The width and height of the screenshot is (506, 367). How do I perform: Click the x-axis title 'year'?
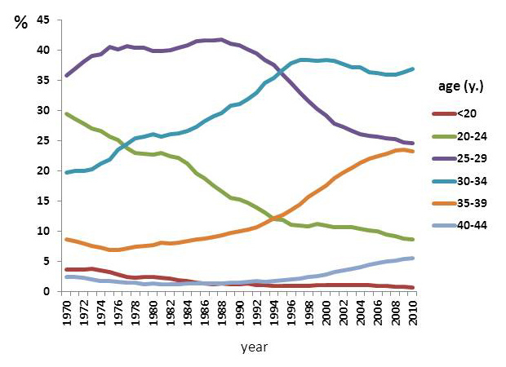pos(255,347)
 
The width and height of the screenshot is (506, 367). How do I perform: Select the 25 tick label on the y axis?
pos(45,140)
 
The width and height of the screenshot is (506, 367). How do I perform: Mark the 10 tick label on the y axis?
pos(45,231)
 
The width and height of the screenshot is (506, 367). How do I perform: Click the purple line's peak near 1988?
pos(222,39)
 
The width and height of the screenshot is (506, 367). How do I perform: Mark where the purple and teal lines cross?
pos(282,73)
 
